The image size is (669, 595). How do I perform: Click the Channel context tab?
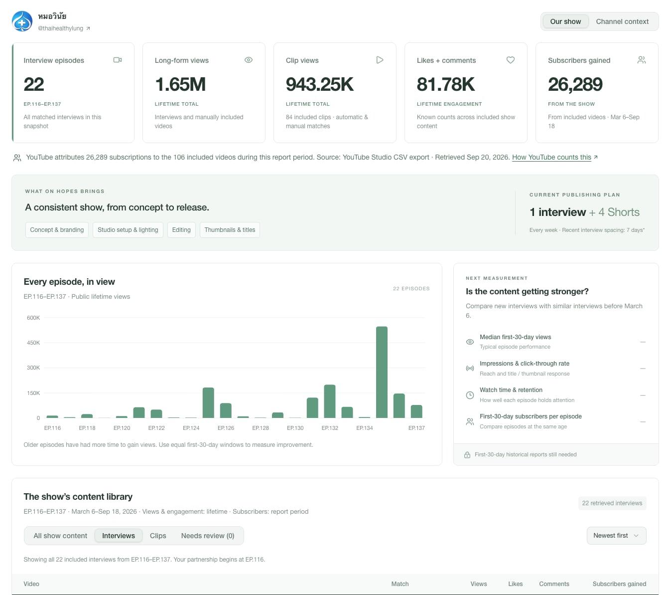622,21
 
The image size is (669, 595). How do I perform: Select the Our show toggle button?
565,21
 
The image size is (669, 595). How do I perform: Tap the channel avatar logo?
22,21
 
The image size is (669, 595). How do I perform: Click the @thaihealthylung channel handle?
60,28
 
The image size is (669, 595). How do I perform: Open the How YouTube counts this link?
551,157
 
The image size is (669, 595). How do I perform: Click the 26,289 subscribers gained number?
575,84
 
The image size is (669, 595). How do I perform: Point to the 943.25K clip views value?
319,84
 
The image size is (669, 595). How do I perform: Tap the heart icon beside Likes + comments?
510,60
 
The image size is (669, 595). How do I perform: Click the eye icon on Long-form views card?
248,60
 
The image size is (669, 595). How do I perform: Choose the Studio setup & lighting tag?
128,230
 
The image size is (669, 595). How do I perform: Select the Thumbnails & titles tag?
230,230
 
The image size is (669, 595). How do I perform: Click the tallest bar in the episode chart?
382,372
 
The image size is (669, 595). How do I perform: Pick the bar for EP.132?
330,401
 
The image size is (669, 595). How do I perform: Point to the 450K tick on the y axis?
33,343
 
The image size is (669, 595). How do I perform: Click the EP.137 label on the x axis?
416,428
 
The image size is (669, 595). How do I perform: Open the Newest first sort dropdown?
616,536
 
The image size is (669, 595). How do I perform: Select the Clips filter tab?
158,536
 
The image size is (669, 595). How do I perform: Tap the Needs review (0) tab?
207,536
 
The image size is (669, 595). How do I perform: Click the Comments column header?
554,584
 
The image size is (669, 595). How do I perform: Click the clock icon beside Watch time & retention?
470,395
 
